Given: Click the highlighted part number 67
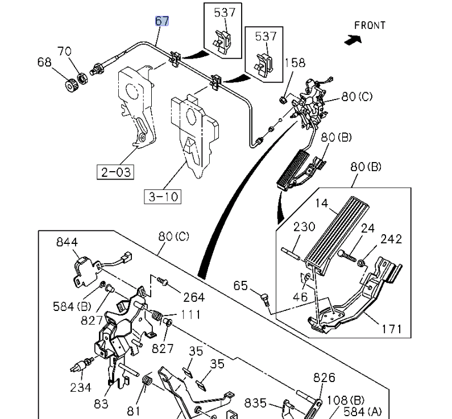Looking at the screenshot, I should pos(162,21).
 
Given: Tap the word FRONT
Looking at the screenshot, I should pos(370,26).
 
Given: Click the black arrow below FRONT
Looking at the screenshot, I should pos(353,40).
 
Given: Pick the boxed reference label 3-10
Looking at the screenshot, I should pos(162,197).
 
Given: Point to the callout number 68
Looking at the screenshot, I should pos(45,61).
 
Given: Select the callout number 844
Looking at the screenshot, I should pos(67,242).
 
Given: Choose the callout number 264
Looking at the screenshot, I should pos(194,297).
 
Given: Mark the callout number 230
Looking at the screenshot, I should pos(304,227).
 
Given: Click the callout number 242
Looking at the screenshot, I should pos(391,239).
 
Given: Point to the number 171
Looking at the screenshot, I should pos(392,329).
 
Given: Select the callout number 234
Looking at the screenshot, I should pos(81,387).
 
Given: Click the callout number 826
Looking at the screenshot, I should pos(324,377).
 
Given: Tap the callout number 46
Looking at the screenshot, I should pos(300,296).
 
